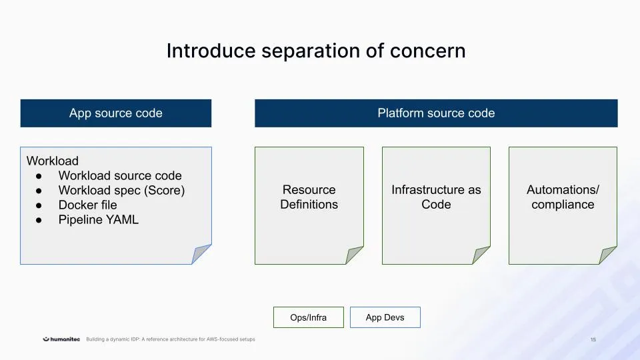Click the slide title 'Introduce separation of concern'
pyautogui.click(x=316, y=51)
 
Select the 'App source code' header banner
pyautogui.click(x=116, y=113)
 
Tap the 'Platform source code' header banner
pyautogui.click(x=436, y=113)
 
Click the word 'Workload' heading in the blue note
pyautogui.click(x=53, y=161)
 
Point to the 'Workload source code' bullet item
pyautogui.click(x=120, y=175)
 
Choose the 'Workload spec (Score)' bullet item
pyautogui.click(x=121, y=190)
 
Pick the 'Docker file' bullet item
pyautogui.click(x=87, y=205)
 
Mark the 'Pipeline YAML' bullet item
pyautogui.click(x=99, y=219)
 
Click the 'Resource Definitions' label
pyautogui.click(x=309, y=197)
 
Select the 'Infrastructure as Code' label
pyautogui.click(x=436, y=197)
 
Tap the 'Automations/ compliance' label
pyautogui.click(x=563, y=197)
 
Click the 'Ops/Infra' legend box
pyautogui.click(x=309, y=317)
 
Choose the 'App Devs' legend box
pyautogui.click(x=385, y=317)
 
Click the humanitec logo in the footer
pyautogui.click(x=62, y=339)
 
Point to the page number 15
pyautogui.click(x=593, y=340)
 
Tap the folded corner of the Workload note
pyautogui.click(x=201, y=255)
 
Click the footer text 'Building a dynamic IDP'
pyautogui.click(x=170, y=339)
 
